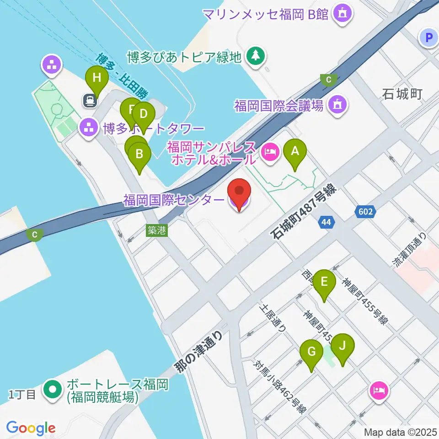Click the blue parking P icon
pos(429,38)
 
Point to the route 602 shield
pos(366,211)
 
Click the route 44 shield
pos(326,223)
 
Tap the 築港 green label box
pos(156,230)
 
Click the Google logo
pos(31,428)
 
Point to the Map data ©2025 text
pos(401,432)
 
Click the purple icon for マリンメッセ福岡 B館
pos(342,14)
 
